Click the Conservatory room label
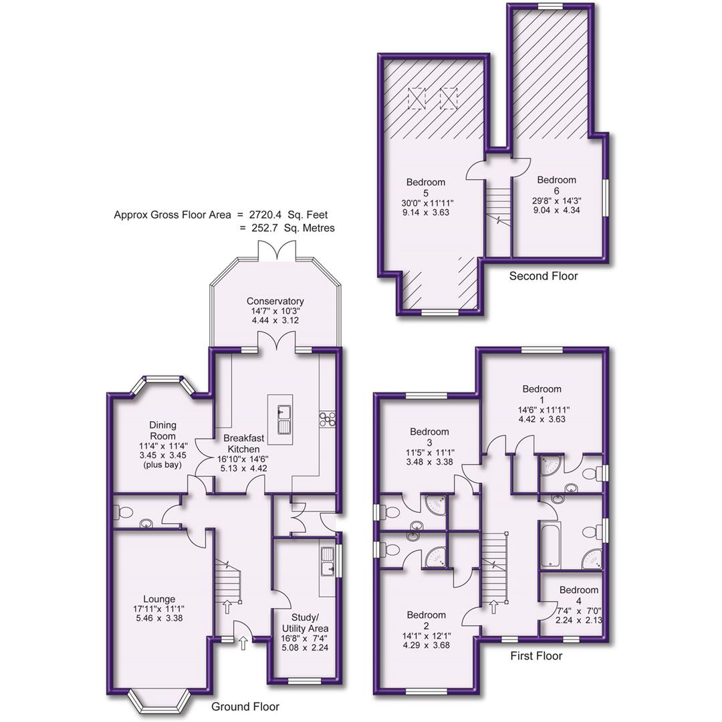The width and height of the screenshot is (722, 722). click(275, 302)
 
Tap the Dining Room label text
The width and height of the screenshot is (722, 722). click(162, 431)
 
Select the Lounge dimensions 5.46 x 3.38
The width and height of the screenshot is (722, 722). click(158, 618)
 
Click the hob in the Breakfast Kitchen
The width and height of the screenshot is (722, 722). click(328, 419)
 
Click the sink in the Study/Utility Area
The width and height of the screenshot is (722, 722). click(328, 562)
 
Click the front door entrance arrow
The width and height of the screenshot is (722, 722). click(242, 643)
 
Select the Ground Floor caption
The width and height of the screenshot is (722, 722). click(245, 706)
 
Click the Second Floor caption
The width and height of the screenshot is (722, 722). click(543, 275)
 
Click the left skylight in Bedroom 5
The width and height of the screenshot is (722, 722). click(416, 99)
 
